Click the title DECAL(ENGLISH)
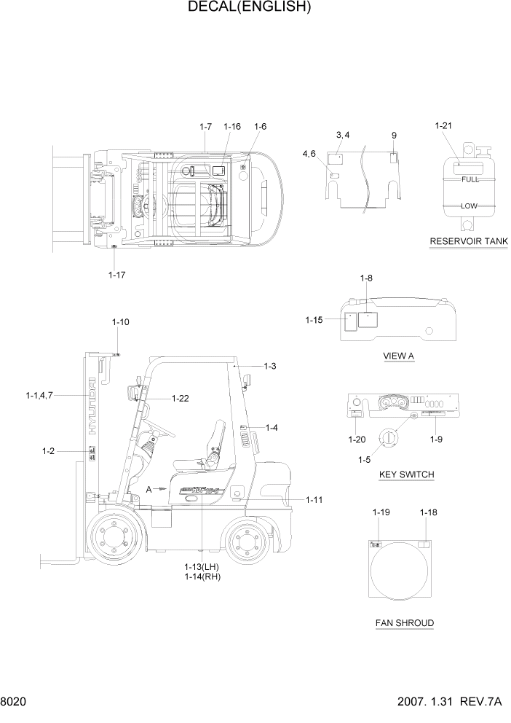pyautogui.click(x=250, y=8)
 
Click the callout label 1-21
pyautogui.click(x=443, y=126)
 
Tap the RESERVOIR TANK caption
pyautogui.click(x=468, y=241)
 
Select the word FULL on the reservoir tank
pyautogui.click(x=470, y=179)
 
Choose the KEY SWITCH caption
pyautogui.click(x=407, y=474)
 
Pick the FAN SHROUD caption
pyautogui.click(x=405, y=623)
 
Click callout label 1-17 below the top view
pyautogui.click(x=117, y=275)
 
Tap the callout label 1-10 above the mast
pyautogui.click(x=121, y=321)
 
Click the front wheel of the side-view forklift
pyautogui.click(x=114, y=539)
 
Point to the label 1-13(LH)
pyautogui.click(x=202, y=566)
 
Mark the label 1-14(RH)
pyautogui.click(x=202, y=577)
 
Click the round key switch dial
pyautogui.click(x=387, y=439)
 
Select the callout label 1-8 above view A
pyautogui.click(x=367, y=278)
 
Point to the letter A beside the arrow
pyautogui.click(x=149, y=489)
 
